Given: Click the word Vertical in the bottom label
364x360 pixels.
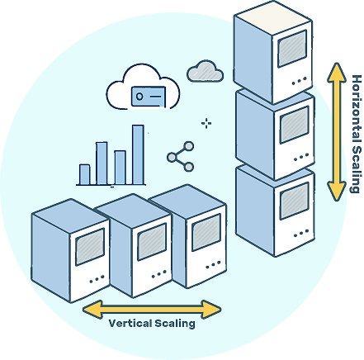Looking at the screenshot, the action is tap(130, 323).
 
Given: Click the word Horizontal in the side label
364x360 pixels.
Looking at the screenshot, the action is tap(357, 109).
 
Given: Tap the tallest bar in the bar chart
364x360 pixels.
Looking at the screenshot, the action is tap(138, 155).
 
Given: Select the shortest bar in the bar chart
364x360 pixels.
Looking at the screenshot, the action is tap(84, 175).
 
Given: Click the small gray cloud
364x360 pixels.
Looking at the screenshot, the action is tap(205, 71).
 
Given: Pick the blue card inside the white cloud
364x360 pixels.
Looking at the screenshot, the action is tap(149, 97).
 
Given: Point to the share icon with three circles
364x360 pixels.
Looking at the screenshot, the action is tap(181, 157).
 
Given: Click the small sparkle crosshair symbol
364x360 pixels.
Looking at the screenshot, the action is tap(206, 123).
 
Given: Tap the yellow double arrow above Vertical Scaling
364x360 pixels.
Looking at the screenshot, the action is tap(152, 310).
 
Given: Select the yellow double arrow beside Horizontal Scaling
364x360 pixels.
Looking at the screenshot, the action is tap(336, 132).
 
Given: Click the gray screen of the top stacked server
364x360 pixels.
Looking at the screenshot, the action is tap(292, 49).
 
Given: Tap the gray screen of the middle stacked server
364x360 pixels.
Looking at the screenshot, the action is tap(294, 125).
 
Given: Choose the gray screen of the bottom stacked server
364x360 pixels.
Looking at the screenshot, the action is tap(294, 201).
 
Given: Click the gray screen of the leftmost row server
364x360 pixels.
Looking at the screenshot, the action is tap(90, 247).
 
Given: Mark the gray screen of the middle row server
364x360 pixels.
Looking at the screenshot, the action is tap(152, 242).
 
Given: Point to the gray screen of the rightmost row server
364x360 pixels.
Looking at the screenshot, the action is tap(206, 233).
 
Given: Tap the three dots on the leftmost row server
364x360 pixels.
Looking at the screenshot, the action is tap(97, 279).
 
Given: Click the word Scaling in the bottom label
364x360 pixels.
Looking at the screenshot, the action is tap(175, 324).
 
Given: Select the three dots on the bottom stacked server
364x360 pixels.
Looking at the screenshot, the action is tap(301, 234).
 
